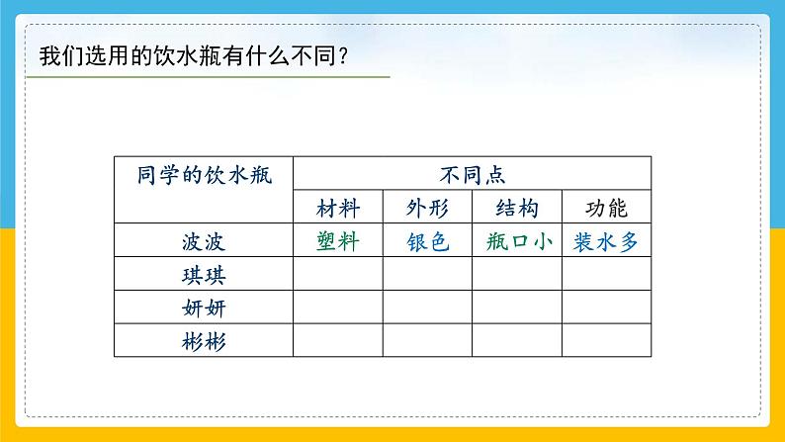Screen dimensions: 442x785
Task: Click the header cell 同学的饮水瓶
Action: point(204,174)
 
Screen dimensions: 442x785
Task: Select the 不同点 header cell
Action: point(473,174)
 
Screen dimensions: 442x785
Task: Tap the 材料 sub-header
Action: point(338,209)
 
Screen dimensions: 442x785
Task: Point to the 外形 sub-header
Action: point(427,209)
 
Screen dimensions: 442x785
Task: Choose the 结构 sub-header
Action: point(517,209)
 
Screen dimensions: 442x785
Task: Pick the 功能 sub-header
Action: point(606,209)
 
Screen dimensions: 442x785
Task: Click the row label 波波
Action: point(204,241)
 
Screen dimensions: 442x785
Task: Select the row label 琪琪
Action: point(204,274)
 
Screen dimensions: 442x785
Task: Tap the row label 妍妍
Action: point(204,308)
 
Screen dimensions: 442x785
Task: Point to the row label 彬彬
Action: point(204,341)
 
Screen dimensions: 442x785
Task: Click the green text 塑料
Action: point(338,241)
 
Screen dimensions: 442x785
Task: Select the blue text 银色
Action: point(427,241)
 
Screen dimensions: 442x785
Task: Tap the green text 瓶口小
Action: point(517,241)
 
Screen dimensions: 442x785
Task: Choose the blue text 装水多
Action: point(606,241)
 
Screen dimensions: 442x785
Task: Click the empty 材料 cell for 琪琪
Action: point(338,274)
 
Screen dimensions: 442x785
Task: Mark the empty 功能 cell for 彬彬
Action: point(606,341)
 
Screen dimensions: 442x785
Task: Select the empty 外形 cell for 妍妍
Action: point(427,308)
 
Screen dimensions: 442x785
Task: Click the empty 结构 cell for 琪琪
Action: point(517,274)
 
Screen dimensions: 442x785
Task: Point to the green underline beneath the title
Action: point(208,77)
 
